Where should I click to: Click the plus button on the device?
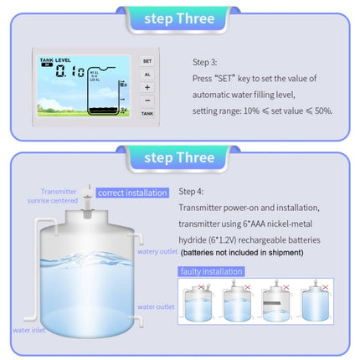[x=147, y=86]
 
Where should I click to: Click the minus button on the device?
[x=147, y=99]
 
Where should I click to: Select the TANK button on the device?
[x=147, y=112]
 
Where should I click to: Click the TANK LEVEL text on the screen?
[x=55, y=60]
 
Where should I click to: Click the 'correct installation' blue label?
[x=132, y=193]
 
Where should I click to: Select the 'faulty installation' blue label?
[x=211, y=271]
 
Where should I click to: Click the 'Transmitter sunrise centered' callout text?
[x=58, y=196]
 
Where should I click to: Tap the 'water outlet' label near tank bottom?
[x=156, y=306]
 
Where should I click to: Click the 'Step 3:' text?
[x=205, y=61]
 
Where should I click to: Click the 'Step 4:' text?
[x=193, y=192]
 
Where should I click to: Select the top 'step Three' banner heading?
[x=179, y=18]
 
